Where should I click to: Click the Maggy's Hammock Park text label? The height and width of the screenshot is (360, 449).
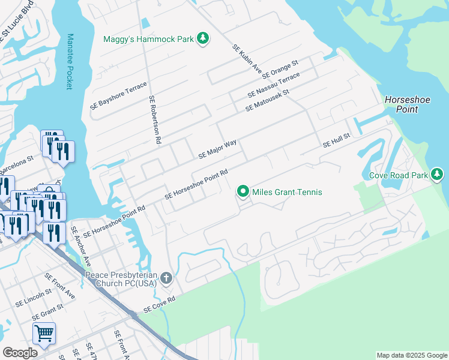coord(148,39)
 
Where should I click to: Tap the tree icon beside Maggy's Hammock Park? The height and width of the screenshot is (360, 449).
coord(203,38)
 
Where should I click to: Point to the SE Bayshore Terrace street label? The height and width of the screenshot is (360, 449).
coord(118,95)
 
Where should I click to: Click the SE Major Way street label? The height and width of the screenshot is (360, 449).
coord(217,149)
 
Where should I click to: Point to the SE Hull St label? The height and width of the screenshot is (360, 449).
coord(336,142)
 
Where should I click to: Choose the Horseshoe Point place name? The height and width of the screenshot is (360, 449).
coord(408,105)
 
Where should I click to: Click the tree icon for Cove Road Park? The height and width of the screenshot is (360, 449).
coord(438,175)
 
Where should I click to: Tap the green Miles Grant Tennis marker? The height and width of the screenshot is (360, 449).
coord(243,192)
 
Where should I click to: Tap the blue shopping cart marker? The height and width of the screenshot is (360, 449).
coord(44,333)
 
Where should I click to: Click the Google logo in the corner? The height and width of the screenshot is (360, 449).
coord(20,353)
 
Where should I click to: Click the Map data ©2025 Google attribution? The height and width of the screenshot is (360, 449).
coord(412,355)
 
